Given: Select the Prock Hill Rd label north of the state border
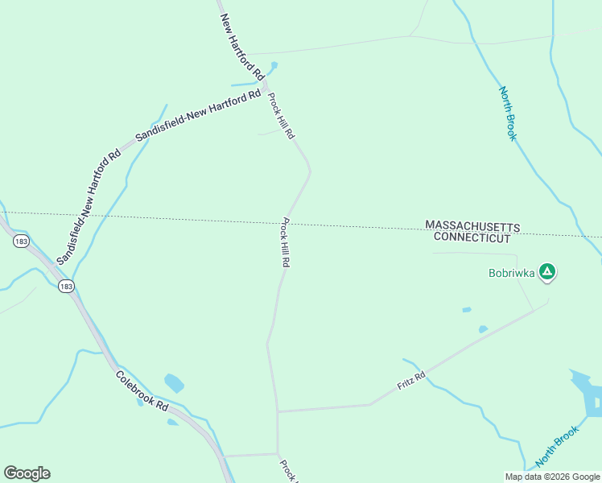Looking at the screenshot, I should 281,117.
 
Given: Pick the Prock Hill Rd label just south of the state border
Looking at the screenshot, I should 286,243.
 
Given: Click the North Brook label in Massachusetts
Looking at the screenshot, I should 507,114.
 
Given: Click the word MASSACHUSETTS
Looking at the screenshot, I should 472,225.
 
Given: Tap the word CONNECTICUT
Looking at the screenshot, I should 472,237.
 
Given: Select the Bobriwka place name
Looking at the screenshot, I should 511,272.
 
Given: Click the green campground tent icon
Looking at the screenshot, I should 547,271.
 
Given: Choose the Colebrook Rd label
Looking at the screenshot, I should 142,391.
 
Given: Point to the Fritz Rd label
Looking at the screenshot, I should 410,381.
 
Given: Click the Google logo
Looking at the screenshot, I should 27,473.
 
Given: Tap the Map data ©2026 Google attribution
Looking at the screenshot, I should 552,476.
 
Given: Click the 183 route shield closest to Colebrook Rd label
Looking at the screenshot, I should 67,287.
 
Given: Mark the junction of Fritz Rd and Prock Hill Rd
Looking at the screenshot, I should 278,411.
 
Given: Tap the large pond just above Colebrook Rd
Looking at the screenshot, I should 174,383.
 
